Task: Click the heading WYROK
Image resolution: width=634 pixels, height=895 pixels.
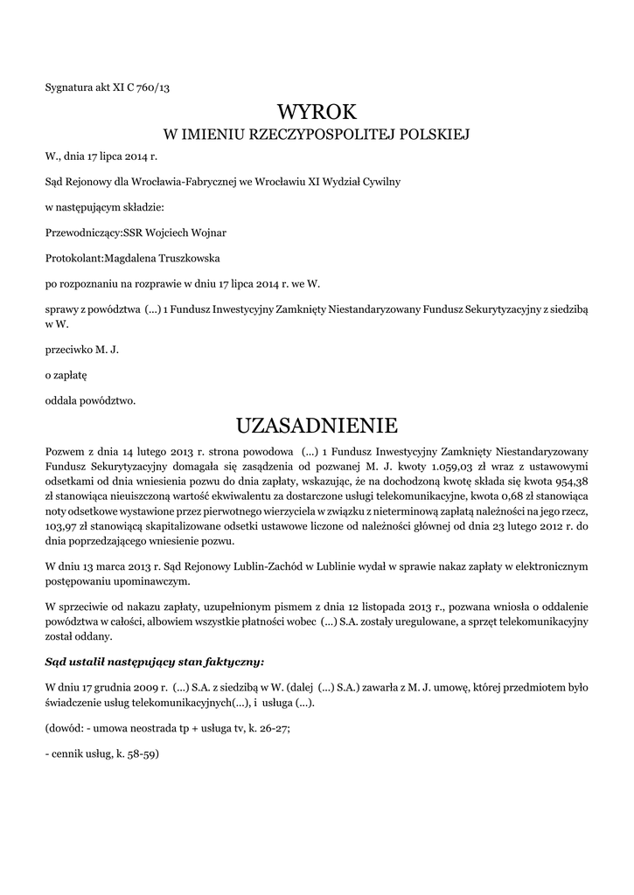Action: pyautogui.click(x=317, y=112)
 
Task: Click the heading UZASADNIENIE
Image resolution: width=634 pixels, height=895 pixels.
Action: pyautogui.click(x=317, y=426)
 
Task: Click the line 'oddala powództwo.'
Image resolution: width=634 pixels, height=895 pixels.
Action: pyautogui.click(x=90, y=401)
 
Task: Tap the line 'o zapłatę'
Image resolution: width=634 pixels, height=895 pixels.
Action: pyautogui.click(x=60, y=376)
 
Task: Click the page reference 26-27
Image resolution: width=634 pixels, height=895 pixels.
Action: pyautogui.click(x=262, y=727)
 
